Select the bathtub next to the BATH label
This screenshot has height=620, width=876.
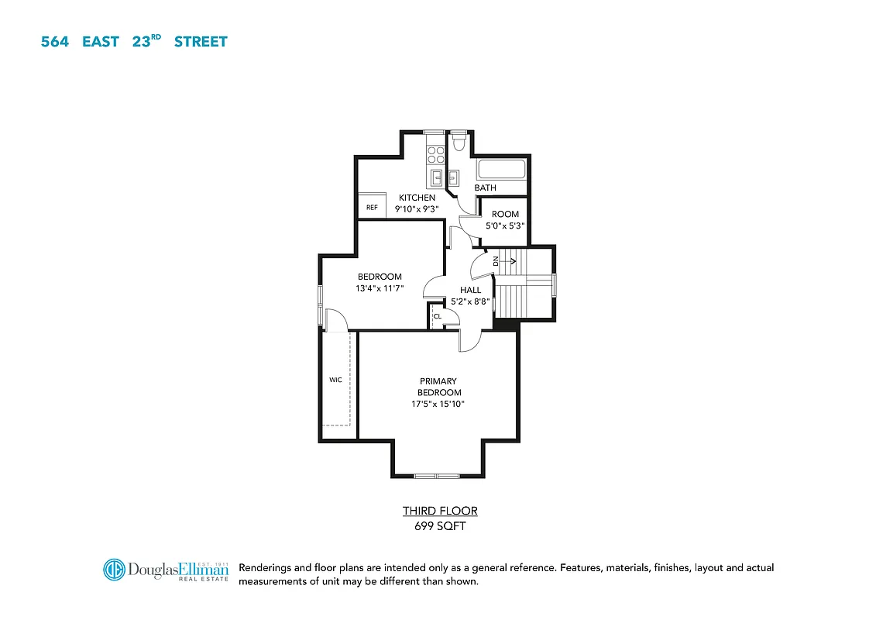[501, 169]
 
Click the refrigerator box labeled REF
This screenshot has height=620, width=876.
[372, 208]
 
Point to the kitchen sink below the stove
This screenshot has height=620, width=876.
[437, 177]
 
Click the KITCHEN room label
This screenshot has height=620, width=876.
[417, 198]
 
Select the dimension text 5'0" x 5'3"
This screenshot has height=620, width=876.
[505, 226]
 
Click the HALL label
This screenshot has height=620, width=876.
[470, 290]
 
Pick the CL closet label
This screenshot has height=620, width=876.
[438, 316]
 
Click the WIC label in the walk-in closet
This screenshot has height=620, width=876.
[335, 380]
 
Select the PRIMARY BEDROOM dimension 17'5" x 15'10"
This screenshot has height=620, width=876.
[438, 404]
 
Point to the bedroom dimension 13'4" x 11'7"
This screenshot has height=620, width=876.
[380, 288]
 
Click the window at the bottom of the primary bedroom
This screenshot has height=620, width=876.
[437, 475]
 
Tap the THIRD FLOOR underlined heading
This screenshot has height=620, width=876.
[440, 511]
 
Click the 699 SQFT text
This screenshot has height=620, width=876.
[440, 526]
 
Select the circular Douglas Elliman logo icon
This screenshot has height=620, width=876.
[115, 570]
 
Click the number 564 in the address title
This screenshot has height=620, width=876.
[55, 42]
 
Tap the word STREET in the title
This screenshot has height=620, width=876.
[201, 42]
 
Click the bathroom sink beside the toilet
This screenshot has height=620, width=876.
[454, 177]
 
